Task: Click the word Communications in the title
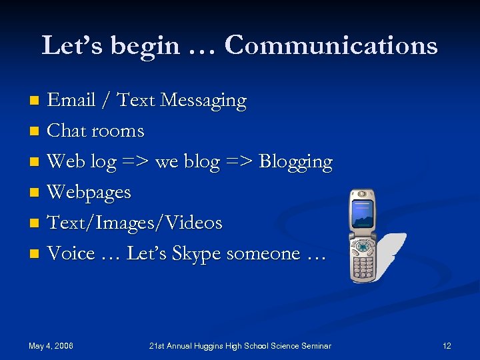tap(331, 45)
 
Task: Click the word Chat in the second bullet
tap(67, 131)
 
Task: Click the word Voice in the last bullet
tap(71, 253)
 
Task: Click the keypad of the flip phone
tap(363, 263)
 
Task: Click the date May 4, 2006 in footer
tap(51, 345)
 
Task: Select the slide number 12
tap(447, 345)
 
